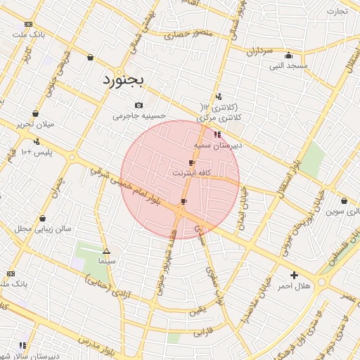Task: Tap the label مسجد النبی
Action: click(x=289, y=66)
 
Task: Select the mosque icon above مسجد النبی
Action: click(x=288, y=56)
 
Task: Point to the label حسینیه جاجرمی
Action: click(x=139, y=116)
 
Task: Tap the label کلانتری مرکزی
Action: click(x=220, y=117)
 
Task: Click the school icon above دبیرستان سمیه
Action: click(x=217, y=134)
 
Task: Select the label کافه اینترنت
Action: click(x=191, y=172)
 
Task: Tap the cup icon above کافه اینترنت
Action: click(x=192, y=162)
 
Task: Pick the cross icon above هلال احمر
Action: click(x=294, y=275)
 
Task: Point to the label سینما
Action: click(x=106, y=261)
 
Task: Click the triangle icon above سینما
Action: click(x=106, y=251)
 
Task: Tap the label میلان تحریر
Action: click(x=35, y=124)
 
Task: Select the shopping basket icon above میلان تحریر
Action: click(x=35, y=113)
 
